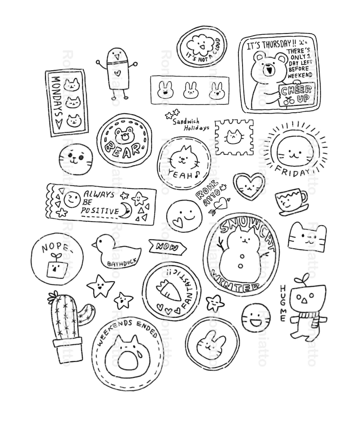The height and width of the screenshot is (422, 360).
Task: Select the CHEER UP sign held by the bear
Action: click(296, 94)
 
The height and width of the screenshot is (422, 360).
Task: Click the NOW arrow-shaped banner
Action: click(168, 247)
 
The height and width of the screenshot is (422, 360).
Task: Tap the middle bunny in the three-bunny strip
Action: click(189, 90)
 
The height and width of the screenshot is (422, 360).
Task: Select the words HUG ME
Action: click(283, 303)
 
